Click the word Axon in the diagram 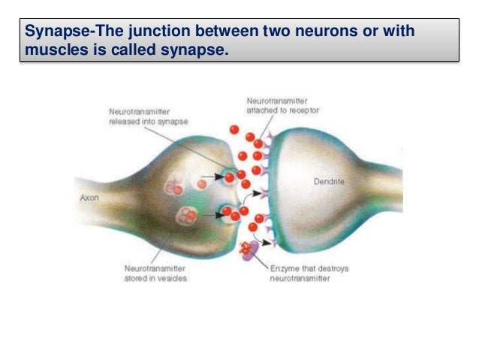pyautogui.click(x=89, y=199)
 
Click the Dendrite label pyautogui.click(x=329, y=181)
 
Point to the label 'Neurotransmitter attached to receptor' pyautogui.click(x=281, y=104)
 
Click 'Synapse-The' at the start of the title pyautogui.click(x=62, y=33)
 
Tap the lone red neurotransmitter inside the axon pyautogui.click(x=201, y=183)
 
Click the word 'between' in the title pyautogui.click(x=223, y=33)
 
